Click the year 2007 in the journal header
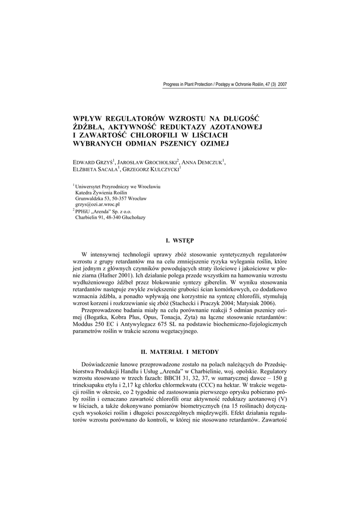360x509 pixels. (282, 85)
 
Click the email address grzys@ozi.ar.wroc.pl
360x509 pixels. (98, 204)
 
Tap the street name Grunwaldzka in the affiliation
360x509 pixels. (90, 198)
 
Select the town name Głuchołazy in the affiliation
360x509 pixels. (129, 217)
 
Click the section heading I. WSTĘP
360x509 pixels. (180, 241)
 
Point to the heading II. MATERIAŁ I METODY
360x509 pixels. (180, 352)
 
